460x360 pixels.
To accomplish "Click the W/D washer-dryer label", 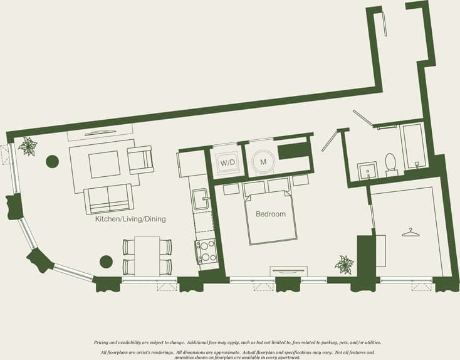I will point(226,162).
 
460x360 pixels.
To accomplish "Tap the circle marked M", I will point(263,162).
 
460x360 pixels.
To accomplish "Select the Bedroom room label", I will point(271,214).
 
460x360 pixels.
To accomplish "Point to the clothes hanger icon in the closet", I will point(410,232).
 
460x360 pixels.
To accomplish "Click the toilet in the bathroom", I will point(391,163).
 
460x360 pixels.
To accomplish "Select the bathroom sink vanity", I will point(367,169).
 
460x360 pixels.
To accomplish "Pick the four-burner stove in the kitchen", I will point(207,251).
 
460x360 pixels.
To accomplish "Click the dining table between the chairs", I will point(147,255).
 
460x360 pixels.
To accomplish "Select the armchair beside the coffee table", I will point(140,159).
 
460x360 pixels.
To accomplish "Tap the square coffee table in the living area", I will point(104,164).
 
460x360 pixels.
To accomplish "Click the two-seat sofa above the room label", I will point(108,199).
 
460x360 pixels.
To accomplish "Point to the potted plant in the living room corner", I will point(28,147).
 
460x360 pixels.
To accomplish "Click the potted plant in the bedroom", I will point(344,264).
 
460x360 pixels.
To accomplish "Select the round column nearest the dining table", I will point(107,262).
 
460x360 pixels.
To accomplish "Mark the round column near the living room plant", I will point(52,162).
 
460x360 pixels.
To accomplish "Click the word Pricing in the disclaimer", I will point(103,342).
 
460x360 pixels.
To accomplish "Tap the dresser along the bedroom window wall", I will point(289,271).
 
